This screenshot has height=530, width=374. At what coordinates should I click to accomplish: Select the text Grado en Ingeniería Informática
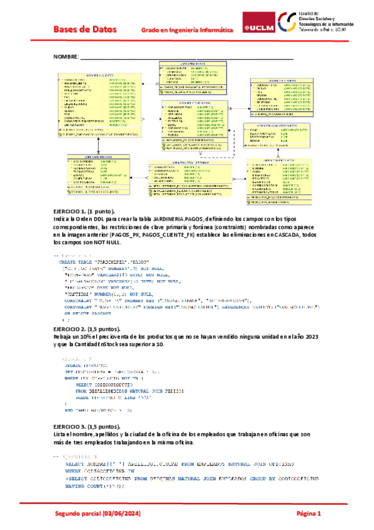click(x=187, y=30)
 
